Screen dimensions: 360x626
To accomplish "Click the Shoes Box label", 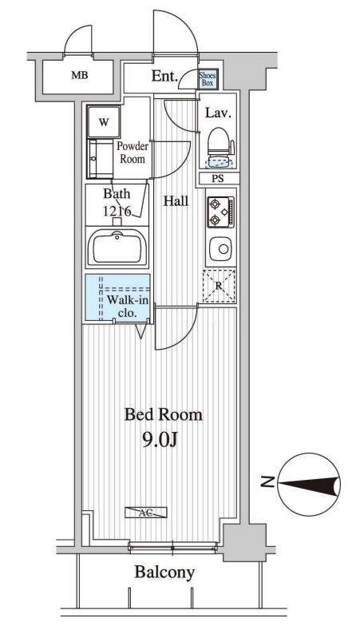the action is pos(208,79).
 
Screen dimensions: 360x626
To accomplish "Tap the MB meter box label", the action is pos(80,75).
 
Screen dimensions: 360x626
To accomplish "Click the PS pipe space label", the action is pos(217,179).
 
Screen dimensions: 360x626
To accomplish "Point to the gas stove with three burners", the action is pos(220,212).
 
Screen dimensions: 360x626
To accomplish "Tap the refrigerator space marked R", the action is pos(219,286).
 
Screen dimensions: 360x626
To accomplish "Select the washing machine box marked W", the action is pos(104,123).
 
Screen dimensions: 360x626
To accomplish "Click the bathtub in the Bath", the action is pos(117,248).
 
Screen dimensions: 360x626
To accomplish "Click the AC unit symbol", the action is pos(145,513).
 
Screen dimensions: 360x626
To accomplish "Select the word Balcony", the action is pos(164,573).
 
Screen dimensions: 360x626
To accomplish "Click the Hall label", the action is pos(176,201).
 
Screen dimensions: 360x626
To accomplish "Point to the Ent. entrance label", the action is pos(164,76).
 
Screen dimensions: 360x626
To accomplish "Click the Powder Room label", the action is pos(133,153).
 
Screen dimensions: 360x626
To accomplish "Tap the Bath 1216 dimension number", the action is pos(117,211).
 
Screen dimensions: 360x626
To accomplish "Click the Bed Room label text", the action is pos(163,415).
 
